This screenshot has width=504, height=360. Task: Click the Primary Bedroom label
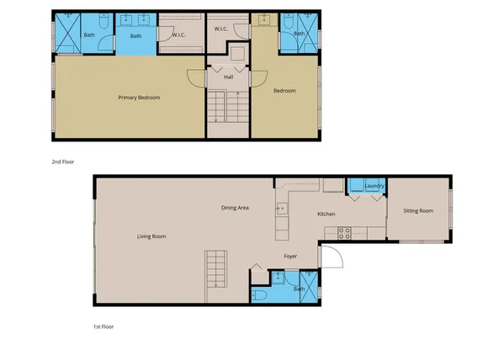[x=138, y=98]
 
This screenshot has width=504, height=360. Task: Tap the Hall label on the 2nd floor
[x=227, y=77]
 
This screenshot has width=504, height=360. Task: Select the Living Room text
[x=151, y=236]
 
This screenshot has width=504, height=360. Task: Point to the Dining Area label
[x=235, y=207]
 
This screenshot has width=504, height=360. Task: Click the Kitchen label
[x=326, y=214]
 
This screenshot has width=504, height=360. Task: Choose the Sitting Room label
[x=418, y=210]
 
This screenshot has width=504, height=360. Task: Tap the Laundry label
[x=374, y=186]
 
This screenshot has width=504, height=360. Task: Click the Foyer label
[x=290, y=257]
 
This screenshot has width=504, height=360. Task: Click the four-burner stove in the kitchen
[x=343, y=232]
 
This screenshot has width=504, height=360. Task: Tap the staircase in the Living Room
[x=217, y=277]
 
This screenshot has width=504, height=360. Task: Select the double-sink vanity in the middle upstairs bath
[x=135, y=24]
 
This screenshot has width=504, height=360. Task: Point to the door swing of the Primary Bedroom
[x=194, y=80]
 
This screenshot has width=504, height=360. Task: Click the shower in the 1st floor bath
[x=309, y=289]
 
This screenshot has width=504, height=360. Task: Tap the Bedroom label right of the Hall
[x=284, y=91]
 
